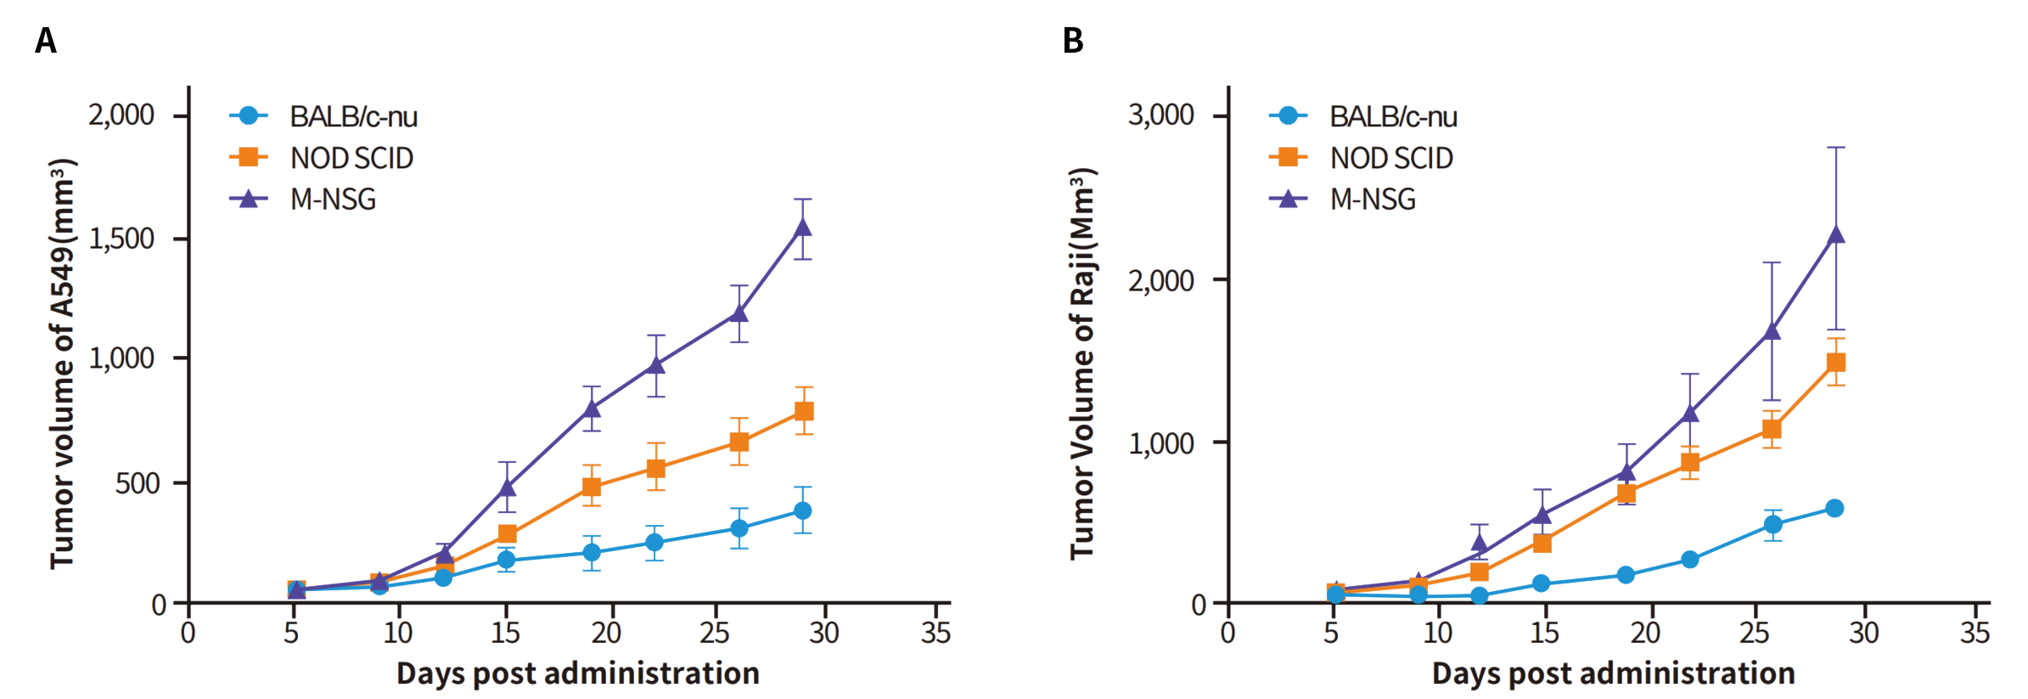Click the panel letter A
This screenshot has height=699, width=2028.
click(x=46, y=41)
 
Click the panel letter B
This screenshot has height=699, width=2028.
click(x=1073, y=41)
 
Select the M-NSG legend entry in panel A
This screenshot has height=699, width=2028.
click(x=333, y=200)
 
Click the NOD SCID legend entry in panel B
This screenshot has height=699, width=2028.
click(x=1390, y=158)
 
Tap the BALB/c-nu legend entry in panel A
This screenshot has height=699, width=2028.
click(x=353, y=116)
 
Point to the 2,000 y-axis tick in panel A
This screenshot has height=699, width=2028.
click(x=121, y=115)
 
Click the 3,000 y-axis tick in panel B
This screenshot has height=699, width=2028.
click(x=1160, y=115)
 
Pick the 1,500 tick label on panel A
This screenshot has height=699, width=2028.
click(x=121, y=239)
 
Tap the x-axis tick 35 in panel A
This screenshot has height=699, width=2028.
click(x=935, y=633)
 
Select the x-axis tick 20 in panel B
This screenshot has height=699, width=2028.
click(x=1645, y=633)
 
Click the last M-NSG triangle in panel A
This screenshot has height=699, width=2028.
click(x=802, y=227)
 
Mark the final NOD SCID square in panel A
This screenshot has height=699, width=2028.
click(x=804, y=412)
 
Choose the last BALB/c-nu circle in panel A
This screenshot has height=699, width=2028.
click(x=802, y=510)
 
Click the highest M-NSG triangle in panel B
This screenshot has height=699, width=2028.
click(x=1836, y=234)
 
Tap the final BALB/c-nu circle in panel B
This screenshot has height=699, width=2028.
click(x=1834, y=509)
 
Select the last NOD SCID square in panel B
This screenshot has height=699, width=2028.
click(x=1836, y=363)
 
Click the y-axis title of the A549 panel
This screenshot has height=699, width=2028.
click(x=63, y=364)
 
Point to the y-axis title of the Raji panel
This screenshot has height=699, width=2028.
click(x=1082, y=364)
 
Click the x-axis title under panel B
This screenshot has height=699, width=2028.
click(x=1613, y=674)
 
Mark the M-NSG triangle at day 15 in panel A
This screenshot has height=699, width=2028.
click(x=507, y=488)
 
